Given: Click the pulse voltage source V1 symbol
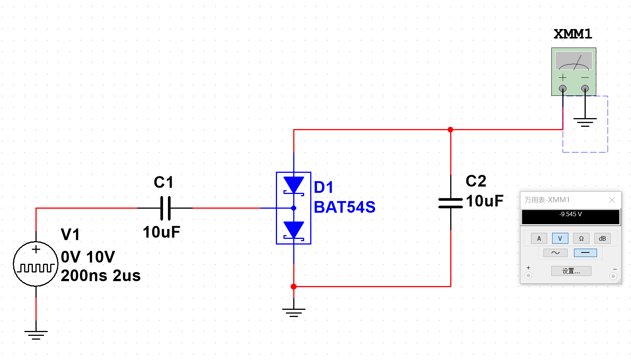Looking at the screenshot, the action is click(36, 264).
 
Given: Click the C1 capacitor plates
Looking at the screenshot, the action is click(165, 208).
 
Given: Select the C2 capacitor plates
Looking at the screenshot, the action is click(451, 203).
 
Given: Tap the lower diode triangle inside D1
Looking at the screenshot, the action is click(294, 229).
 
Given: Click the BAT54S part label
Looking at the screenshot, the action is click(345, 207).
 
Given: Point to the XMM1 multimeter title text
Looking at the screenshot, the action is click(573, 34).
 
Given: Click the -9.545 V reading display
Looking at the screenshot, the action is click(571, 217).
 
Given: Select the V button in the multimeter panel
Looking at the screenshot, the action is click(560, 238).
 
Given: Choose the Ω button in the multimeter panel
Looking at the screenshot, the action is click(581, 238).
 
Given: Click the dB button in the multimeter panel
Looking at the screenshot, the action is click(602, 238).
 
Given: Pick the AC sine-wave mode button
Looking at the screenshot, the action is click(556, 253).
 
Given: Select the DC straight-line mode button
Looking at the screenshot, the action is click(585, 253).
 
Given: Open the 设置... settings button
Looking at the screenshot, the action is click(571, 271).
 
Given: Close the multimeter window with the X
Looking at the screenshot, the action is click(612, 200).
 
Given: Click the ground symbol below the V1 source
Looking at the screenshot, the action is click(36, 335).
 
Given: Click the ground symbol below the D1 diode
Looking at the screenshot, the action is click(294, 312).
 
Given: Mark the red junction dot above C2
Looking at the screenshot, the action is click(451, 129).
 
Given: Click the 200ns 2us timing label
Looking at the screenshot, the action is click(100, 275).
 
